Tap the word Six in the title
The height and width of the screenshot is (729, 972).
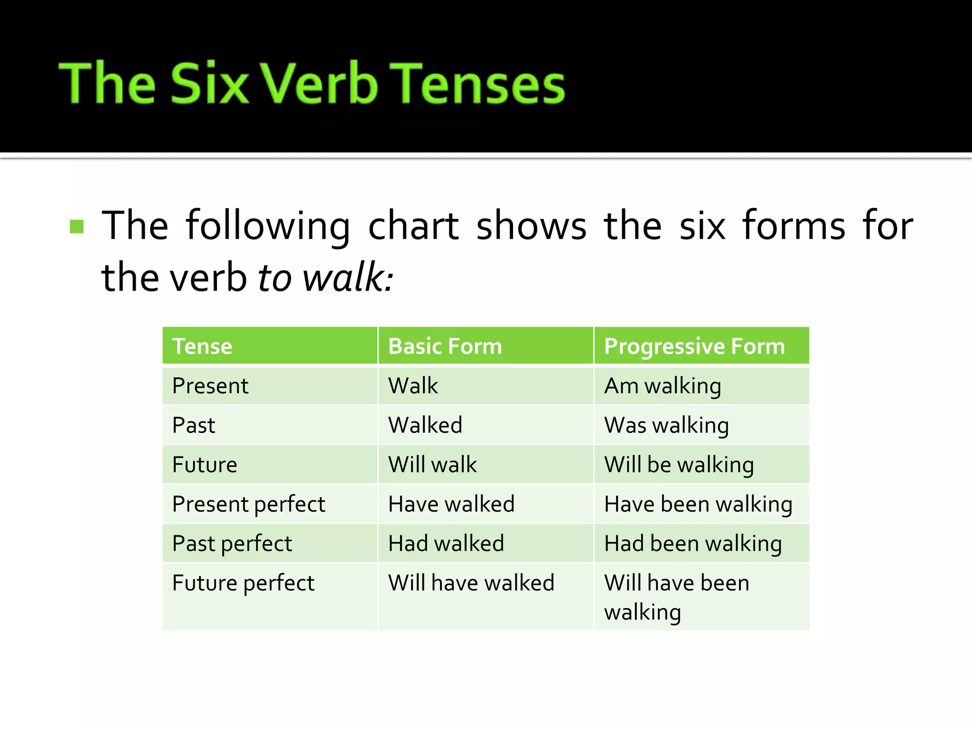(x=209, y=84)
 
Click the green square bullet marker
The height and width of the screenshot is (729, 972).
(x=76, y=226)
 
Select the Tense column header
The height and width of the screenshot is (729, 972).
(x=202, y=346)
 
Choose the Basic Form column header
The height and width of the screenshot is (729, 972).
(x=445, y=346)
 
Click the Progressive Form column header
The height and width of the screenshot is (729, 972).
(x=694, y=346)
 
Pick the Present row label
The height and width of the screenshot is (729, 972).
(x=210, y=385)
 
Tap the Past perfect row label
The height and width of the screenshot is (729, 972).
(x=232, y=543)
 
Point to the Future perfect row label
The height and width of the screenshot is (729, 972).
(x=243, y=583)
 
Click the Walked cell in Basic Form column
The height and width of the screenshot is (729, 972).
(x=425, y=425)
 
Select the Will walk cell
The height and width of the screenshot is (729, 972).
(x=432, y=464)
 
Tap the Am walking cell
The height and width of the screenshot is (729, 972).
(x=663, y=385)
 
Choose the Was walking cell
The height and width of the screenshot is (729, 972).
(x=666, y=425)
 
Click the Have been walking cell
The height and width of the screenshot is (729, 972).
(x=698, y=504)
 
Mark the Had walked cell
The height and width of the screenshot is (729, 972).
(x=446, y=543)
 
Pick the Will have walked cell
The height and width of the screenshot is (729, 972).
(x=471, y=583)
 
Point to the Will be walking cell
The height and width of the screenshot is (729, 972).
(x=679, y=464)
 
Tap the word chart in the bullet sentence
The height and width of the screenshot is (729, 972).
(x=413, y=226)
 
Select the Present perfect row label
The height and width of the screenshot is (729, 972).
(x=249, y=504)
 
